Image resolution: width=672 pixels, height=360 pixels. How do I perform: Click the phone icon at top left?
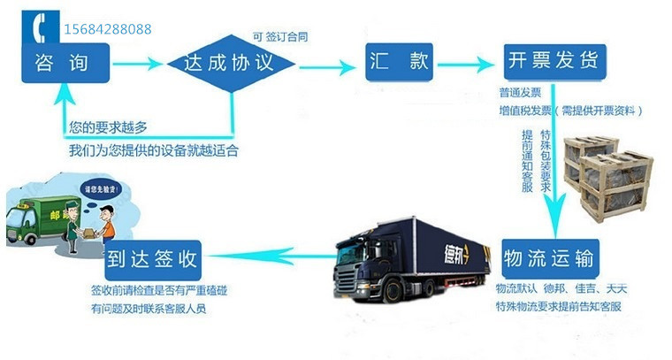[x=40, y=29]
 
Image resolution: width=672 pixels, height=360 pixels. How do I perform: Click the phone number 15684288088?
[x=108, y=29]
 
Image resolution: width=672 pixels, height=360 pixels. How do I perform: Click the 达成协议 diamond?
[x=232, y=63]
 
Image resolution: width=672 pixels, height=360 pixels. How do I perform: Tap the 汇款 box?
[x=396, y=63]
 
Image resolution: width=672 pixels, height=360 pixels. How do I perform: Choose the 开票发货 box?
[x=553, y=62]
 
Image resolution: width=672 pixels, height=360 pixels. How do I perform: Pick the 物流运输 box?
[x=551, y=259]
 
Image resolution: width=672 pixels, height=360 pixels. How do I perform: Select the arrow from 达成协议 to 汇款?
[x=325, y=63]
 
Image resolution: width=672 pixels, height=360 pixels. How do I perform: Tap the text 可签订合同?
[x=280, y=36]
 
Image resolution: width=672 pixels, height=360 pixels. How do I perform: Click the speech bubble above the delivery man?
[x=99, y=188]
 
